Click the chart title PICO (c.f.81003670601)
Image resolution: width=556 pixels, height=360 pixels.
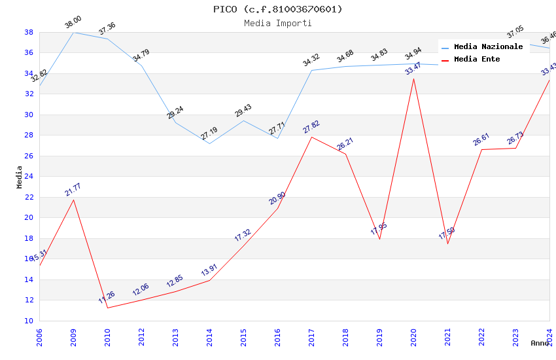[x=277, y=9]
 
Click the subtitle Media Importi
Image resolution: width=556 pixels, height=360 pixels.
[x=277, y=23]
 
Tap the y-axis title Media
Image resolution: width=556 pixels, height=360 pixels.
[x=19, y=177]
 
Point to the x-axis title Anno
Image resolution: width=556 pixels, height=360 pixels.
[x=540, y=343]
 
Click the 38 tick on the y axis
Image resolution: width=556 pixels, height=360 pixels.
[x=29, y=32]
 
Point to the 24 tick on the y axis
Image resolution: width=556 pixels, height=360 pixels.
[x=29, y=177]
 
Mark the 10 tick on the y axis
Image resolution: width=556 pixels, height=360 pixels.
[x=29, y=321]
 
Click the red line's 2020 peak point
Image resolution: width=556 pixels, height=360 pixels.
[x=413, y=79]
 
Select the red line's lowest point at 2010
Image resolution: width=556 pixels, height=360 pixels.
[x=107, y=308]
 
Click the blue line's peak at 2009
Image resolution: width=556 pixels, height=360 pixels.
[x=73, y=32]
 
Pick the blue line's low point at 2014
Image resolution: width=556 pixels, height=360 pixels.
[x=209, y=143]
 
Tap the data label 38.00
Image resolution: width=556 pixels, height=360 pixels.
[x=73, y=24]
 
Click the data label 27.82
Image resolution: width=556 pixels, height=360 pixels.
[x=311, y=127]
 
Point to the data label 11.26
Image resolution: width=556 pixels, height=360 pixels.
[x=107, y=298]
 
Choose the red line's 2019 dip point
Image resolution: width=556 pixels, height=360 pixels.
[x=379, y=239]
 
